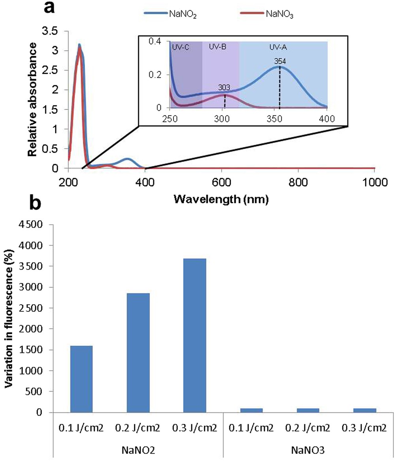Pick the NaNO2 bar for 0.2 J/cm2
tap(138, 352)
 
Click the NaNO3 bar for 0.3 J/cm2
tap(365, 410)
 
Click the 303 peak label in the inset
tap(224, 87)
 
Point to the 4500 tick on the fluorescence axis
tap(39, 225)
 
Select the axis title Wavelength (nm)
tap(222, 200)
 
